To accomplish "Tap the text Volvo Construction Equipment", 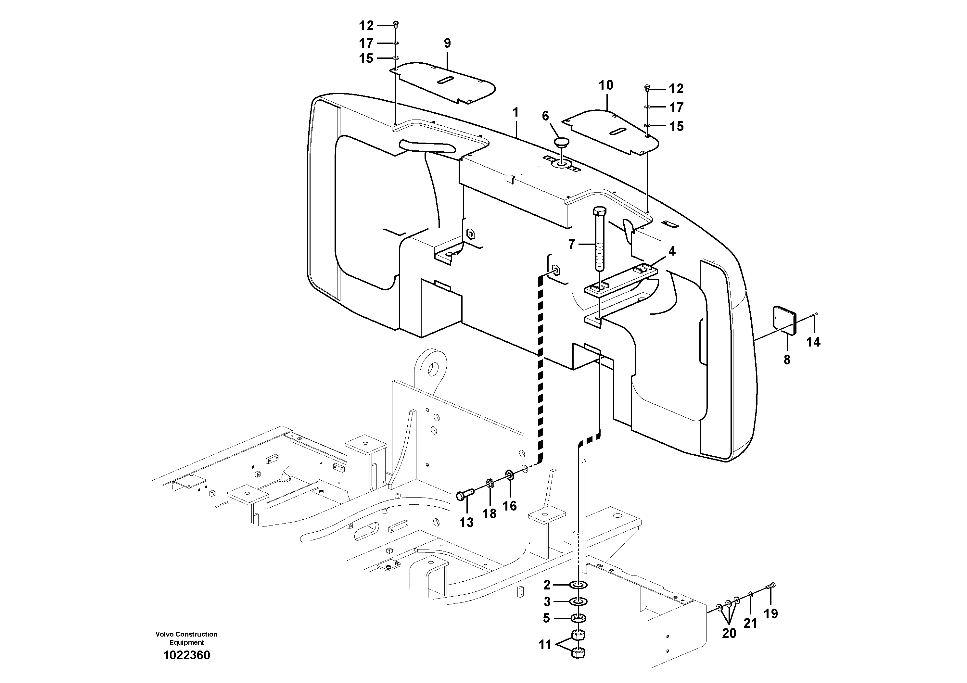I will pyautogui.click(x=186, y=638).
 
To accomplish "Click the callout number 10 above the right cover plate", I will pyautogui.click(x=606, y=85).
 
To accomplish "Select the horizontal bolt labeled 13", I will pyautogui.click(x=465, y=494).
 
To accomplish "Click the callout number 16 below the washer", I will pyautogui.click(x=510, y=505).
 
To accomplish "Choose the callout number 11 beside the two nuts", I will pyautogui.click(x=545, y=645).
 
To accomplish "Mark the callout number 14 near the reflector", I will pyautogui.click(x=813, y=342).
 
